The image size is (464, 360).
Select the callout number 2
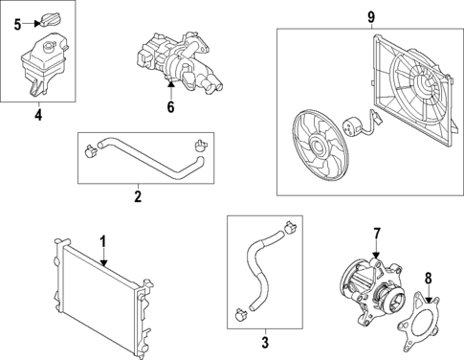point(138,198)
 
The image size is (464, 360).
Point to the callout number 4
point(37,118)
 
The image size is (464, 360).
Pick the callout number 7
point(376,234)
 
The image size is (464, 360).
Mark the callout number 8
point(429,278)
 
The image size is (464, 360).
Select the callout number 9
point(371,15)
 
